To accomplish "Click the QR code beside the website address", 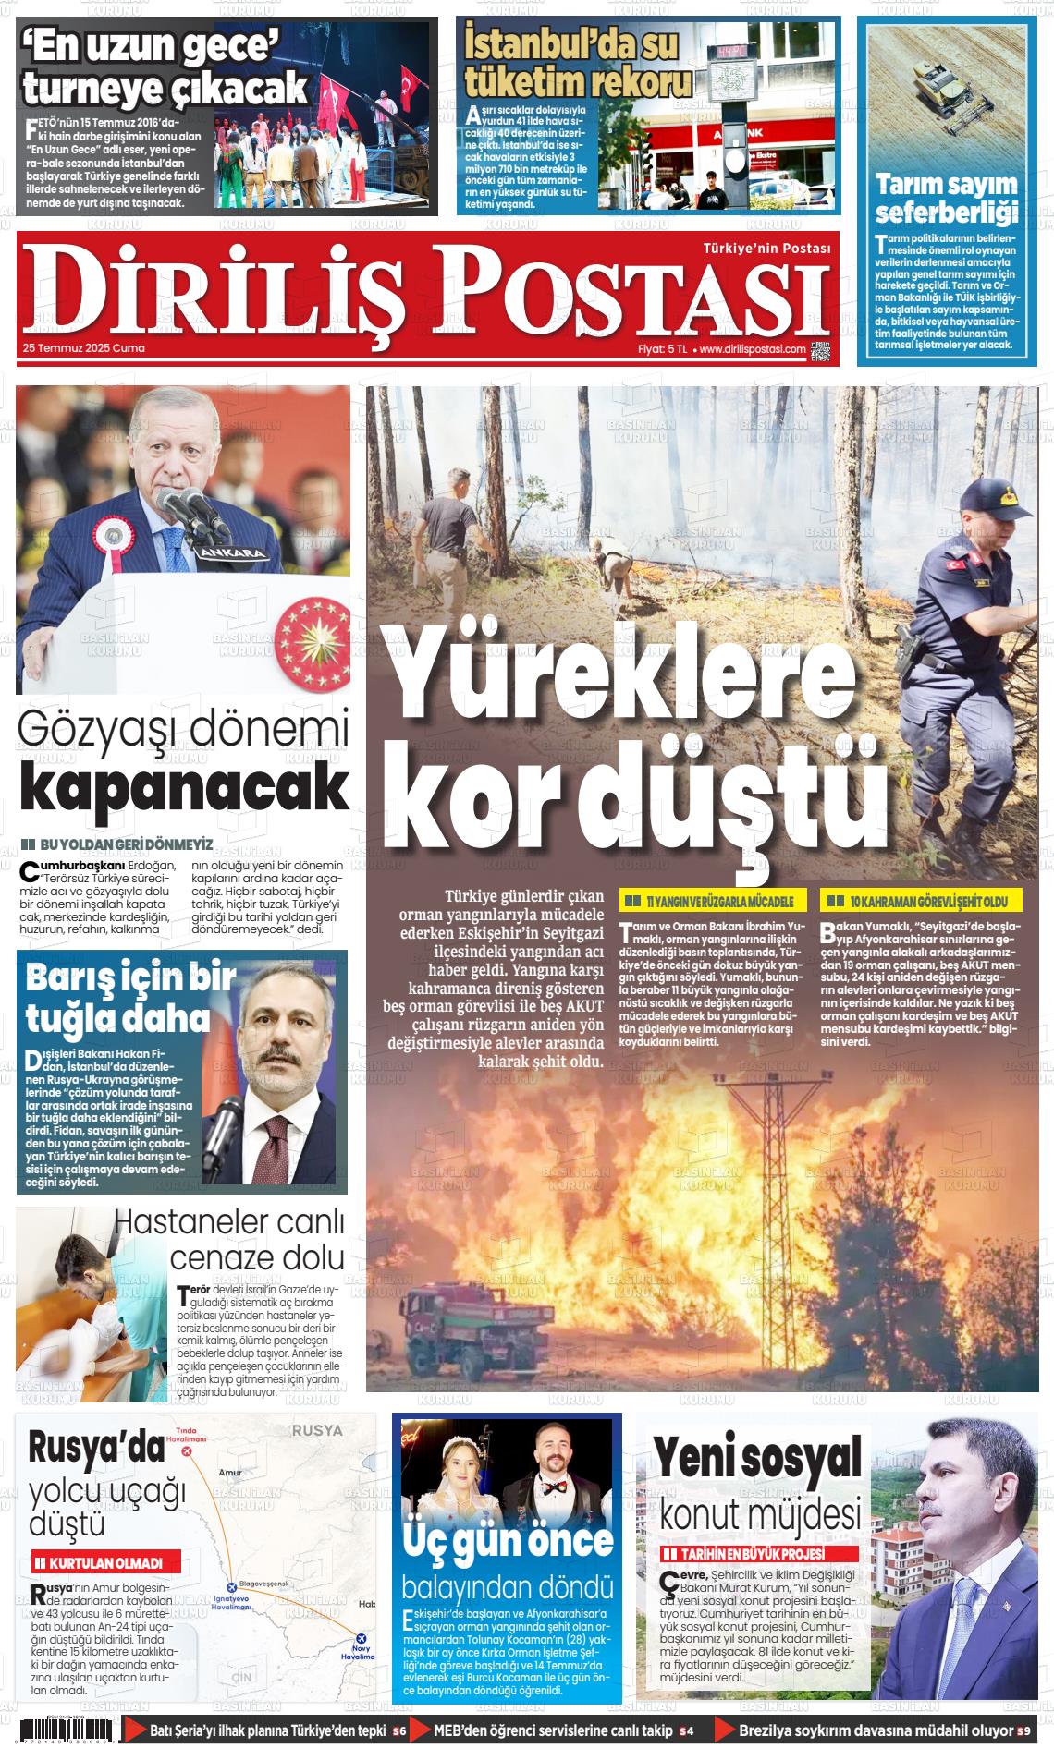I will (820, 350).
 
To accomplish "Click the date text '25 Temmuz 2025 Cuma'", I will (84, 349).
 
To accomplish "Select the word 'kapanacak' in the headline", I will (184, 787).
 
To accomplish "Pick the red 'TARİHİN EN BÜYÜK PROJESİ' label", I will (758, 1555).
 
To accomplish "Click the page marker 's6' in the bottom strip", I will (399, 1730).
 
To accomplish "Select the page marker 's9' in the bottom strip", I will (1023, 1730).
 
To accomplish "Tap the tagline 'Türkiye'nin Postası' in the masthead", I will (766, 249).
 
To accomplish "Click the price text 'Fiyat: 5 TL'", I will (662, 349).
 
